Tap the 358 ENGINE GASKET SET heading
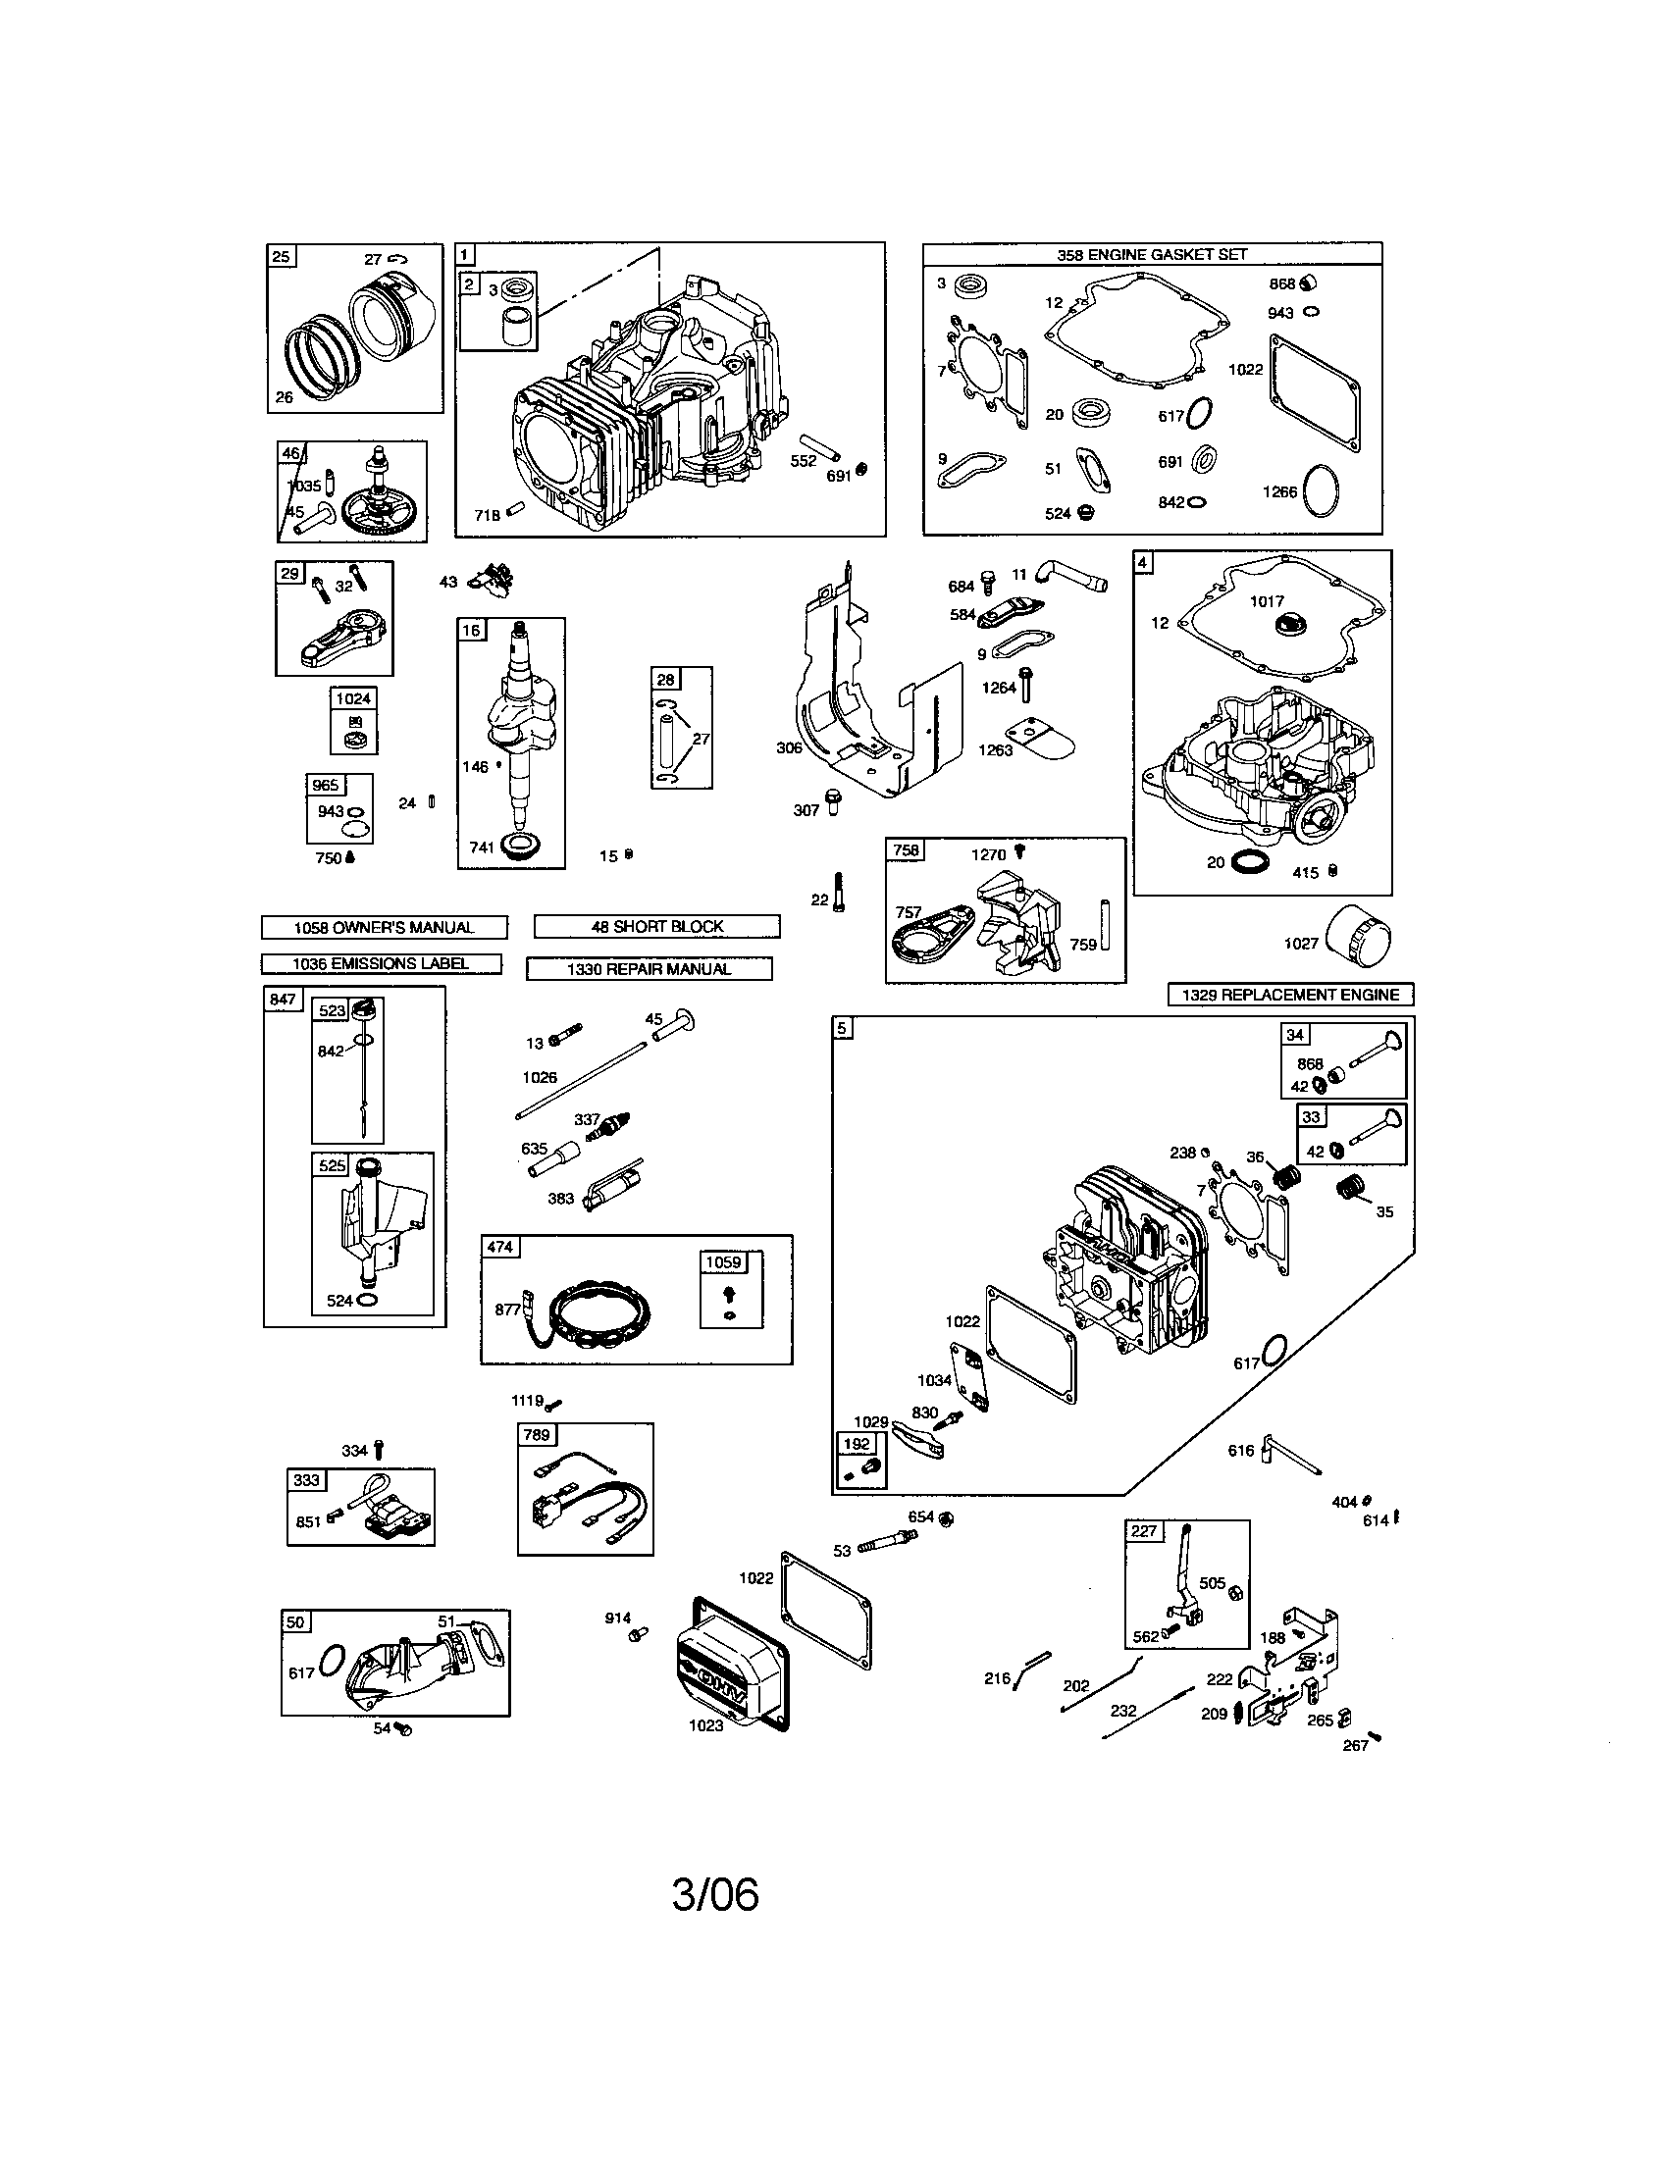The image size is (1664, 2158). point(1151,254)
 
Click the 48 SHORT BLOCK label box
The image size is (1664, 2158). point(657,926)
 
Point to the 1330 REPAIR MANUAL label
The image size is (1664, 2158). point(649,969)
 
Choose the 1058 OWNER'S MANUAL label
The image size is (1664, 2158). point(384,927)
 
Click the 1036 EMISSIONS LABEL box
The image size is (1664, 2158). point(381,963)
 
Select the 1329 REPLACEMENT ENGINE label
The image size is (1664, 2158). point(1289,994)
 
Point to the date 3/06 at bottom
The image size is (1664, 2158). point(714,1894)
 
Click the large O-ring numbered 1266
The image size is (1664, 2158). point(1323,490)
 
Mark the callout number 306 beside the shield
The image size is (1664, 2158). point(789,748)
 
